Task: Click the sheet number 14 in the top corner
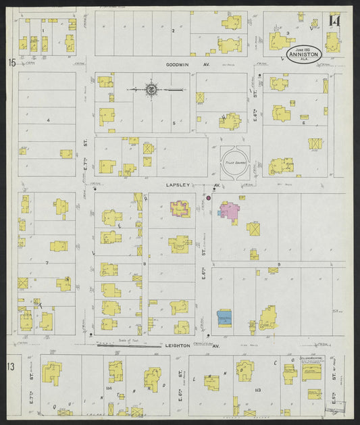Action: (x=334, y=21)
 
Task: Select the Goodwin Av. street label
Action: (x=180, y=66)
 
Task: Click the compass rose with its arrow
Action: (x=153, y=89)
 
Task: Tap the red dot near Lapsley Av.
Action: (x=208, y=198)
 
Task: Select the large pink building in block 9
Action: (x=228, y=211)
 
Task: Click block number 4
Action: (x=49, y=120)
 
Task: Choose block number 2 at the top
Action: (x=173, y=30)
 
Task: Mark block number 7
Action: (x=47, y=261)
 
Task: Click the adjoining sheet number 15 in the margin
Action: (x=11, y=63)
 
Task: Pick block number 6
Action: (x=305, y=124)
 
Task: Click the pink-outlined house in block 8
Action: (x=180, y=209)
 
